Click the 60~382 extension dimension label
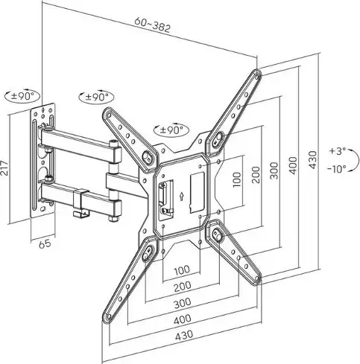[153, 25]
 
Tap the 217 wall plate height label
[4, 168]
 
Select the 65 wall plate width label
[45, 243]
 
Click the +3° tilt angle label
[338, 151]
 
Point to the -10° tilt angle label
[337, 169]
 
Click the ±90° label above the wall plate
[22, 95]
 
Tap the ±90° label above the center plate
[171, 130]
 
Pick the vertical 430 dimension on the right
[313, 159]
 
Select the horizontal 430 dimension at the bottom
[184, 335]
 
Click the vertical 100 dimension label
[237, 179]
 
